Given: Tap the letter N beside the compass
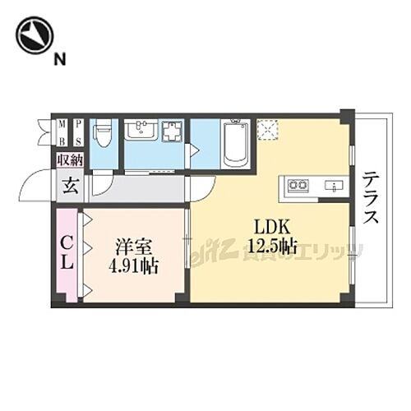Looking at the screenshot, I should pyautogui.click(x=59, y=58).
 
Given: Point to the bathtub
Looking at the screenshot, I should pyautogui.click(x=235, y=144).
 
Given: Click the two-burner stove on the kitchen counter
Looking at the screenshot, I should pyautogui.click(x=298, y=186).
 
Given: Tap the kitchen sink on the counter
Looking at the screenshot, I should pyautogui.click(x=334, y=186).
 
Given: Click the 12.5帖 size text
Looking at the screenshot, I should pyautogui.click(x=270, y=244).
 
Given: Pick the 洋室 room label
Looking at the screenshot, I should pyautogui.click(x=132, y=246).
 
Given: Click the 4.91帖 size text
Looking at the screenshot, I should pyautogui.click(x=132, y=266).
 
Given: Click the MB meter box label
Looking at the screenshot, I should pyautogui.click(x=62, y=131).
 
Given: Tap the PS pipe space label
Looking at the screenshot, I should pyautogui.click(x=78, y=131).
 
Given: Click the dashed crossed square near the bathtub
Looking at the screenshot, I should pyautogui.click(x=268, y=130).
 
